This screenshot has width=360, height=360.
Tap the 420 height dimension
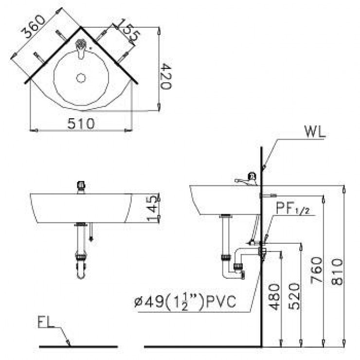point(165,75)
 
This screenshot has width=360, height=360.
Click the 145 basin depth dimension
point(153,208)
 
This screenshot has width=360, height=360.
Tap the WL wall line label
point(314,132)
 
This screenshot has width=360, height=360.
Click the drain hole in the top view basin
point(81,77)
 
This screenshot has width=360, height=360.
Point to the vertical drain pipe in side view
point(226,238)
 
